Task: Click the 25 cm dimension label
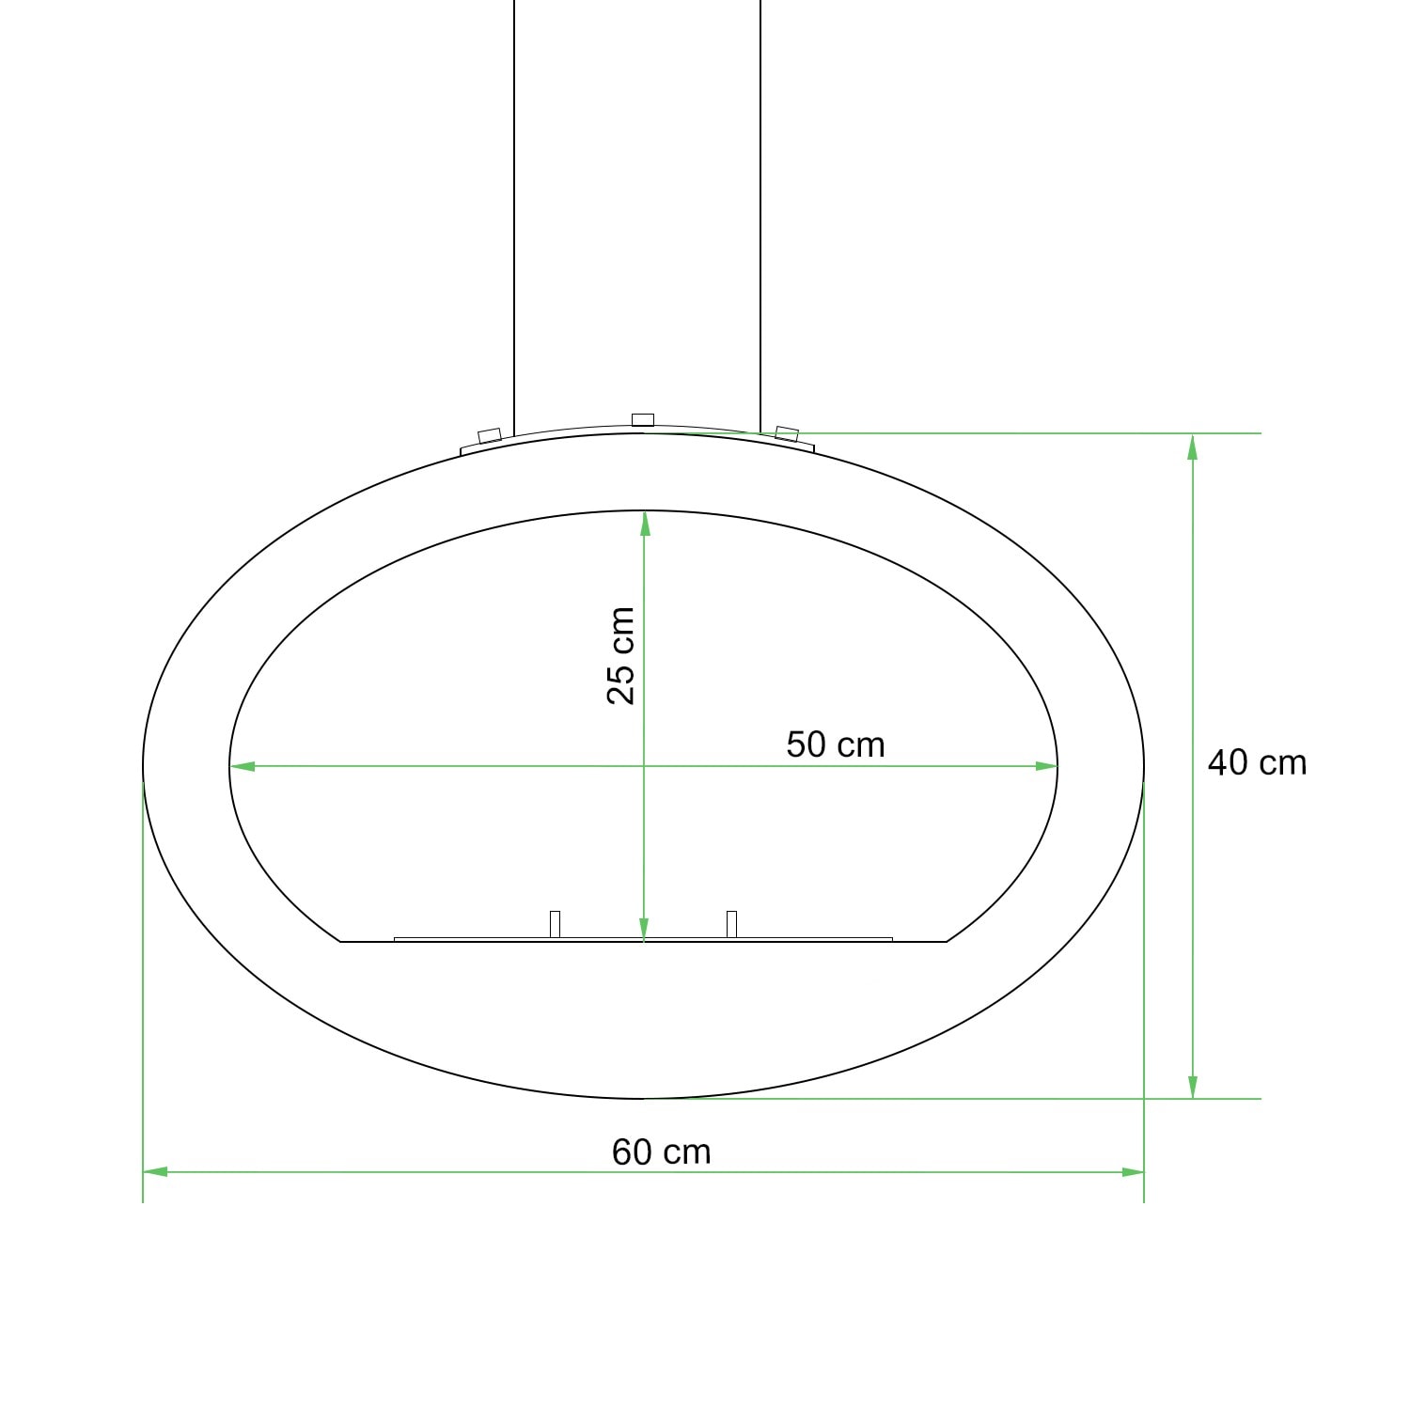[620, 655]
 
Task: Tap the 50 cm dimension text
[836, 744]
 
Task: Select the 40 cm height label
[1257, 762]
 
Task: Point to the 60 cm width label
[662, 1151]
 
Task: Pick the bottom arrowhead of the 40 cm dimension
[1193, 1086]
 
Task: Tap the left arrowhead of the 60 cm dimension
[155, 1172]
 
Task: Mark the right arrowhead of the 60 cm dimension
[1132, 1172]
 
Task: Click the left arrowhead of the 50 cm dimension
[243, 766]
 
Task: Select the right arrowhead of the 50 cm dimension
[1046, 766]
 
